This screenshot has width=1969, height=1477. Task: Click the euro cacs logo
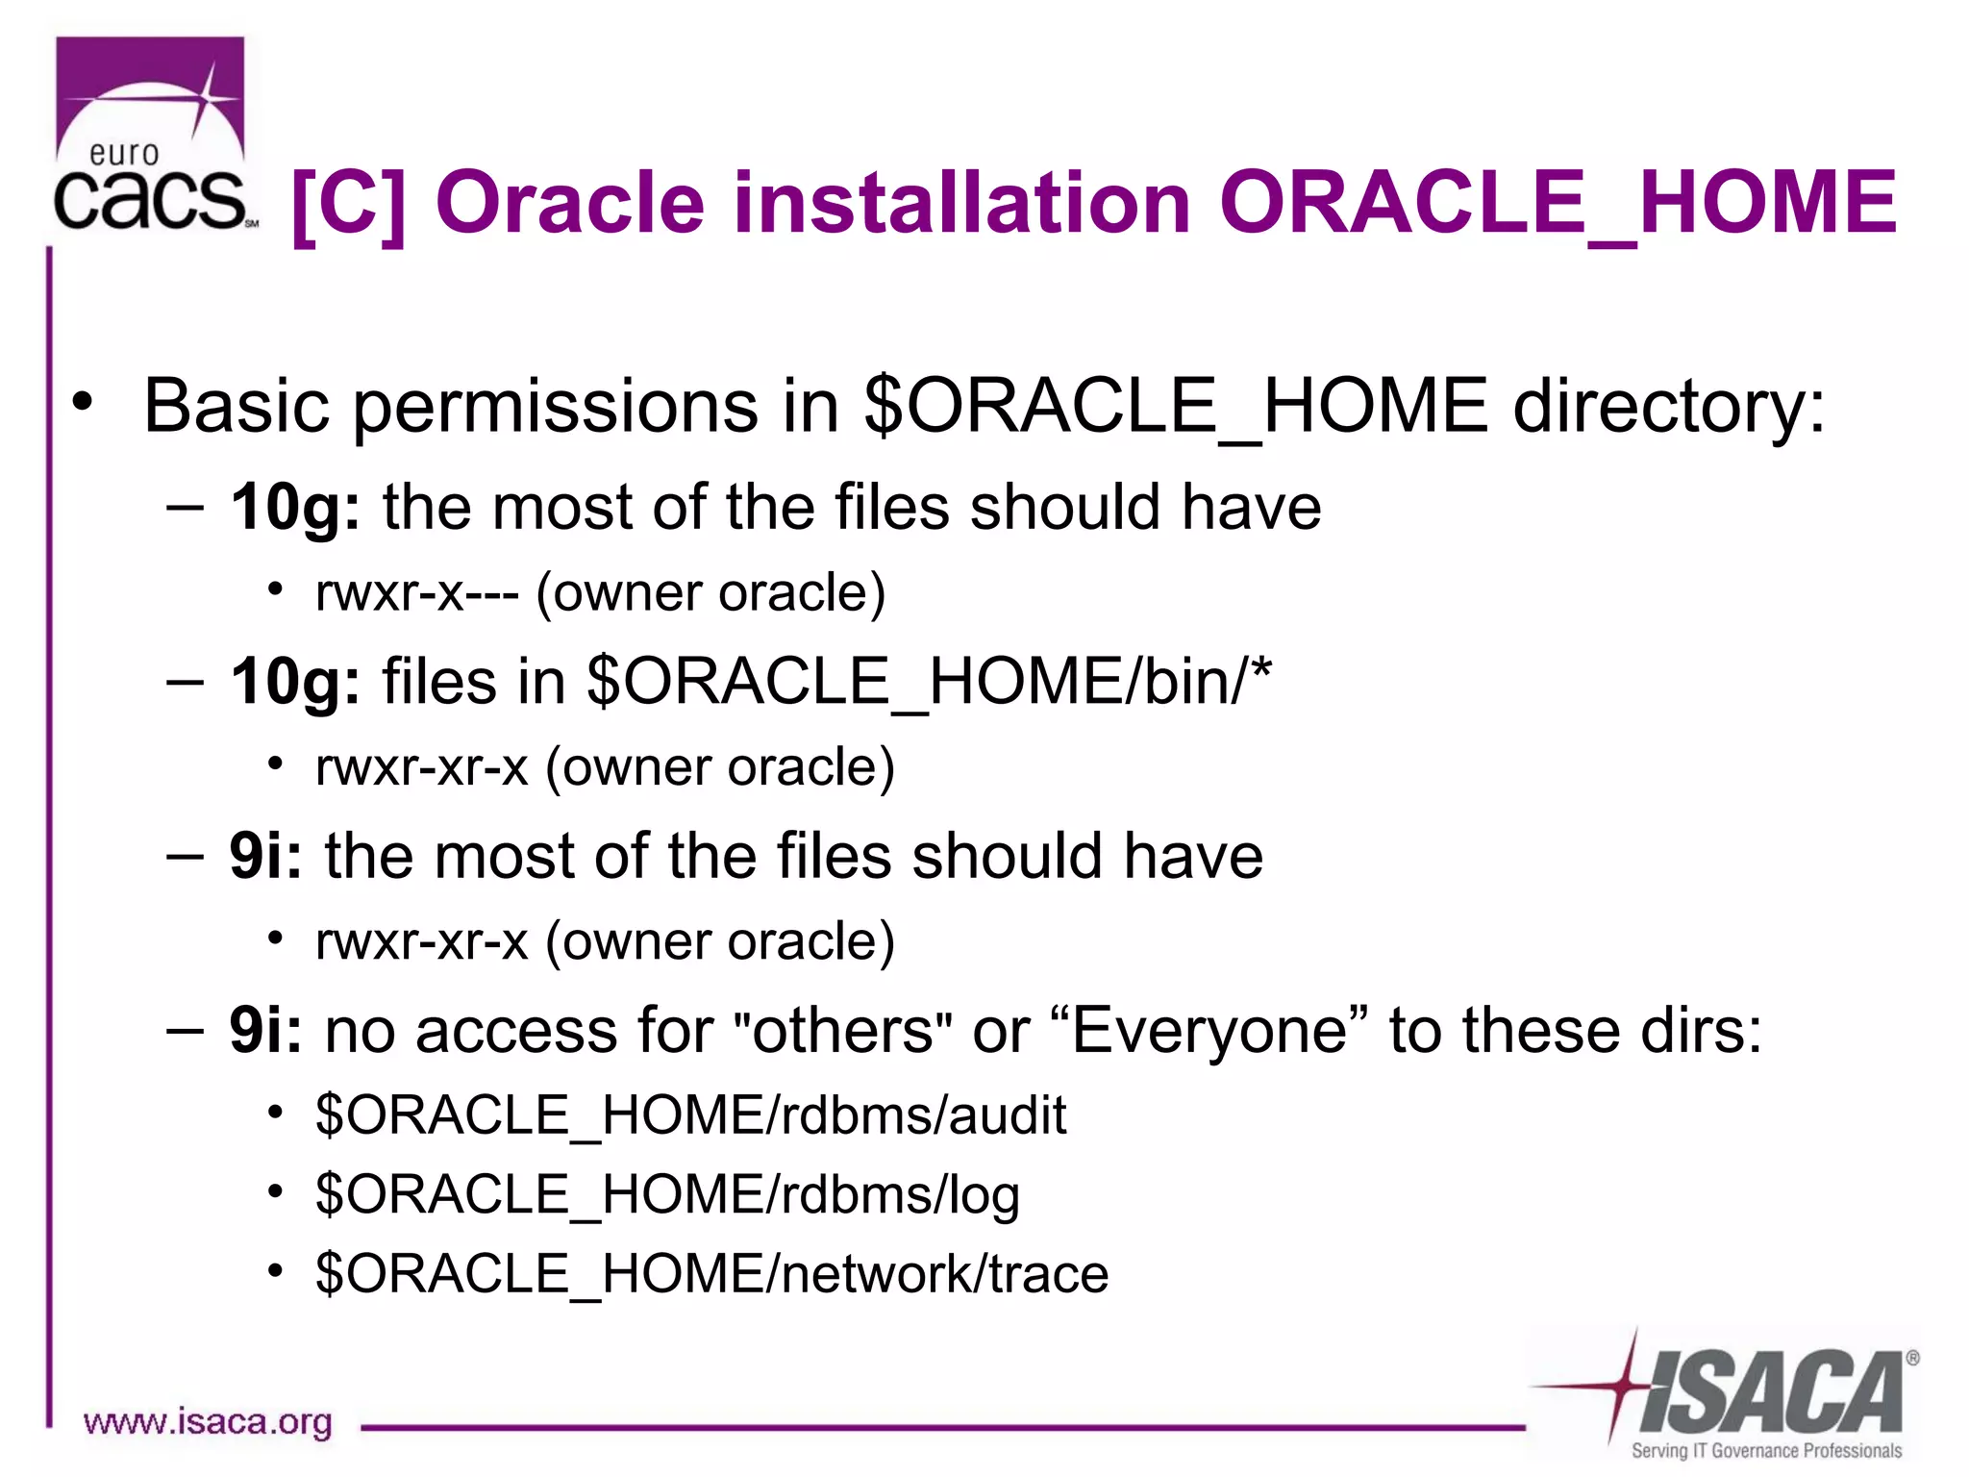click(151, 135)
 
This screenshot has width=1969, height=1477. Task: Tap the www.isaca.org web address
click(208, 1422)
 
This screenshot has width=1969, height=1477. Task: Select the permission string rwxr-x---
click(417, 593)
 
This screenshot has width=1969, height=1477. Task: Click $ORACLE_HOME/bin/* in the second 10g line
click(929, 682)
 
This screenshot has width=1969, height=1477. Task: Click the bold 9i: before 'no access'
click(265, 1031)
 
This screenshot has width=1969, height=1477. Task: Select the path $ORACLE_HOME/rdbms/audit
click(690, 1115)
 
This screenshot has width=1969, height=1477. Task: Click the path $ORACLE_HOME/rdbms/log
click(667, 1195)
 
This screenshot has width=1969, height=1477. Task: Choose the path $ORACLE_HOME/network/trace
click(711, 1274)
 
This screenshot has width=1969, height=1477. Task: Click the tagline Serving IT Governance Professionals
click(1765, 1451)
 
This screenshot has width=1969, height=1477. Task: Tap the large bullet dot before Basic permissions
click(84, 401)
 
